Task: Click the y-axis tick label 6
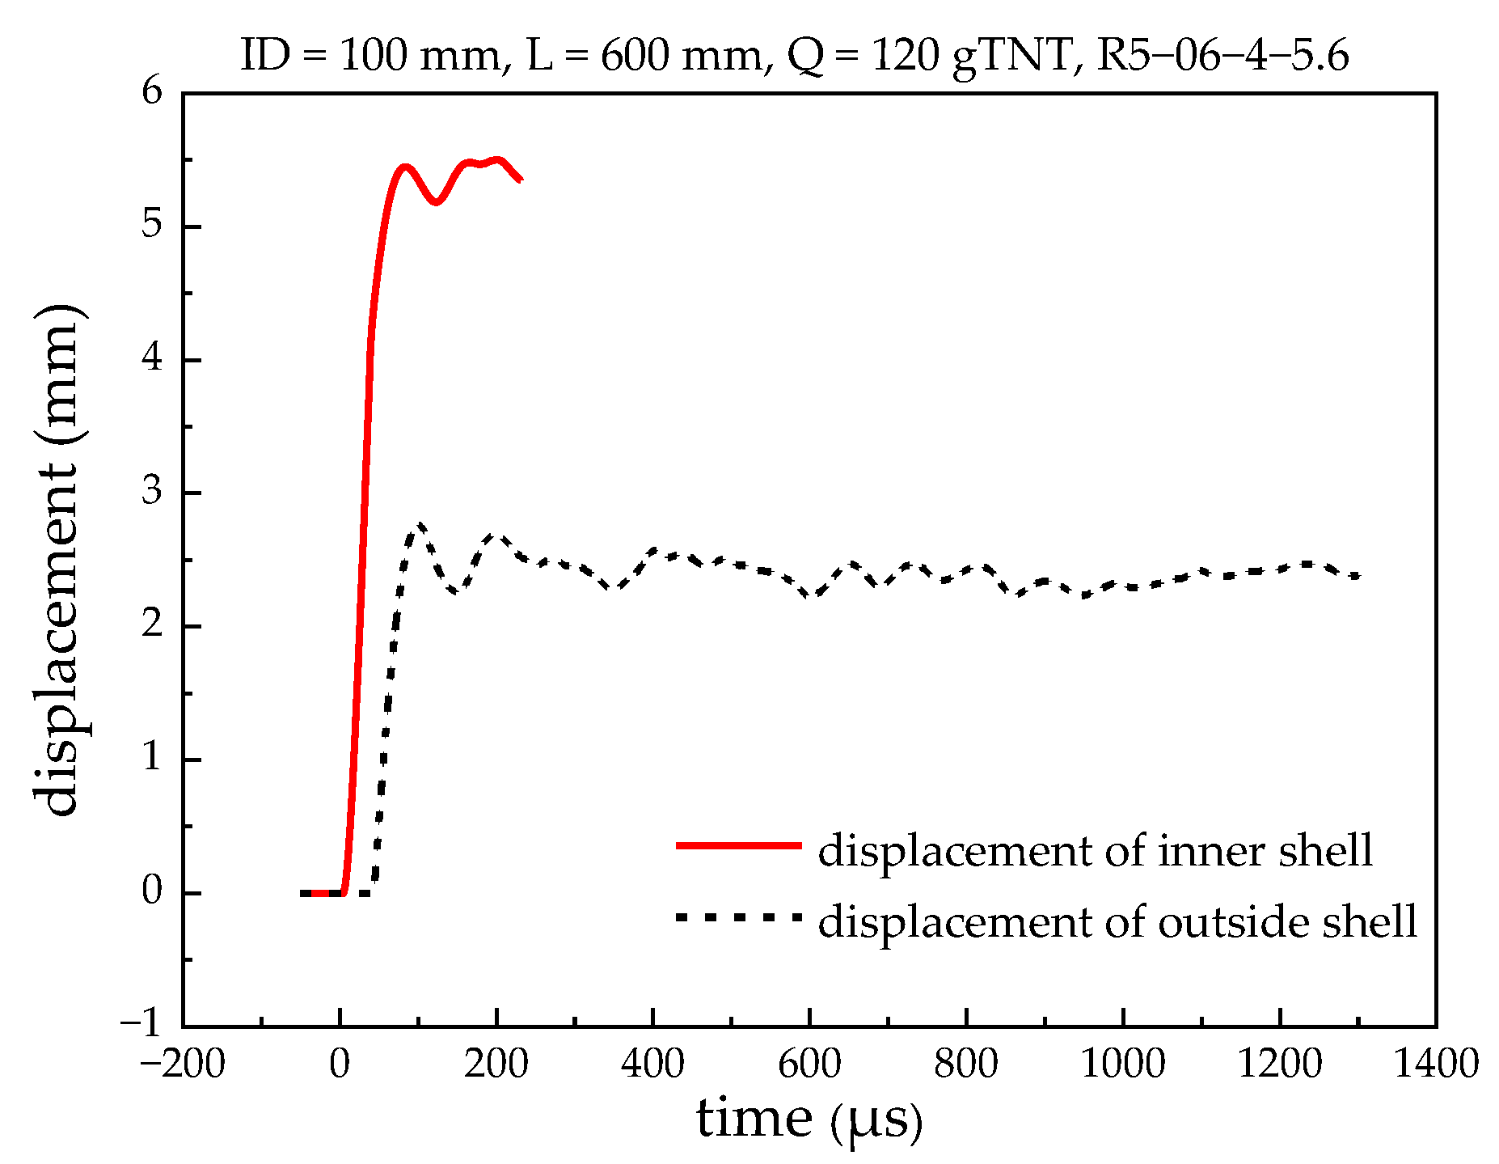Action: point(152,91)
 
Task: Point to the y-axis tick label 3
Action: point(152,492)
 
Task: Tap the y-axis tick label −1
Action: point(141,1025)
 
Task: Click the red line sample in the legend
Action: point(738,845)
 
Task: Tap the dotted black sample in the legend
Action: point(738,916)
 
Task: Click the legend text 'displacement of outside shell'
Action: point(1117,921)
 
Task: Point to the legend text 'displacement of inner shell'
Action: point(1096,851)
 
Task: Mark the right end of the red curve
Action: point(521,179)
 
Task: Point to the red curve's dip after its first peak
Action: point(436,202)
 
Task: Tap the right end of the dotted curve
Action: point(1359,577)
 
